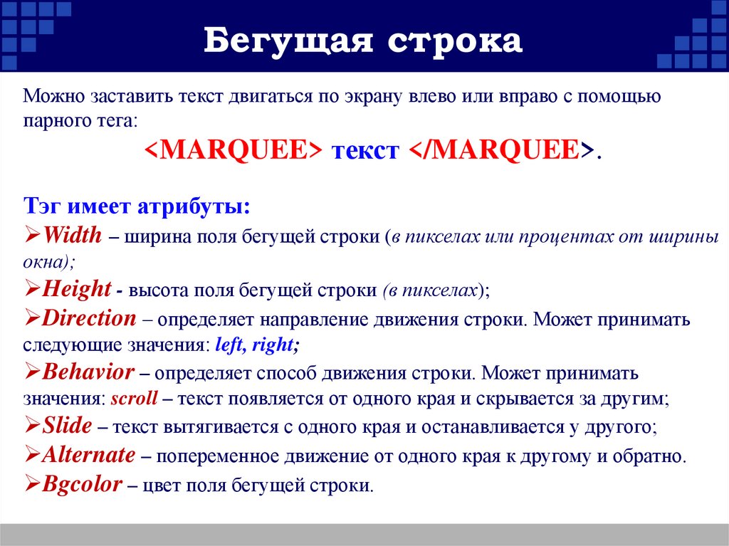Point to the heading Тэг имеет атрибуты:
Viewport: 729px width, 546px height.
click(136, 206)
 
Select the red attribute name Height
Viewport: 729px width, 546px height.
click(76, 289)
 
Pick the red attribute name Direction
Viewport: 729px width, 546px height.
click(88, 317)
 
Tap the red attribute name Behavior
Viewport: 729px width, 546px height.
click(88, 372)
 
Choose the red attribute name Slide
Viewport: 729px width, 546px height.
click(67, 426)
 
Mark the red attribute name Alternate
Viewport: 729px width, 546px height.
click(88, 455)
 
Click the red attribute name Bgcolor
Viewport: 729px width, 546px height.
click(82, 484)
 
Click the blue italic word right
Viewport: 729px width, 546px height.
click(274, 345)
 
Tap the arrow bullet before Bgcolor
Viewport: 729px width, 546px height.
click(32, 484)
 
